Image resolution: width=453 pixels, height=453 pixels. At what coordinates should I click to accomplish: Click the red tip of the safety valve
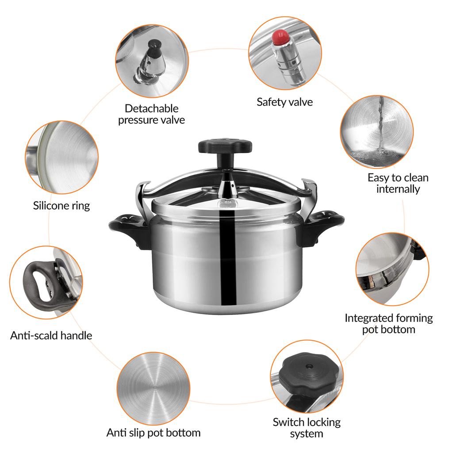[x=280, y=37]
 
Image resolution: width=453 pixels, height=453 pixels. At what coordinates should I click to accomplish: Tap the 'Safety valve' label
[x=284, y=102]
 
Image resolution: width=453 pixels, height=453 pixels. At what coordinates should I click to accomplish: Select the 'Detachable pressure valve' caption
[x=151, y=114]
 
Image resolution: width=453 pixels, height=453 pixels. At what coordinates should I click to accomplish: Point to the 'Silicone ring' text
[x=61, y=205]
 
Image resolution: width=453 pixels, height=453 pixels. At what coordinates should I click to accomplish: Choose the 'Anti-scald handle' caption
[x=51, y=335]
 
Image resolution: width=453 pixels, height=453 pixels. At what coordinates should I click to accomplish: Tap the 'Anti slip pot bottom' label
[x=154, y=432]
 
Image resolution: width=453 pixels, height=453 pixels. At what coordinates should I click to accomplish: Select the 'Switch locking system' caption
[x=307, y=428]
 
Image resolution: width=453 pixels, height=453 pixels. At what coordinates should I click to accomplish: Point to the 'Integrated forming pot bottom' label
[x=388, y=323]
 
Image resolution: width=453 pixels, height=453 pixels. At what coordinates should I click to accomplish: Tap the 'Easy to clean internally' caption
[x=398, y=183]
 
